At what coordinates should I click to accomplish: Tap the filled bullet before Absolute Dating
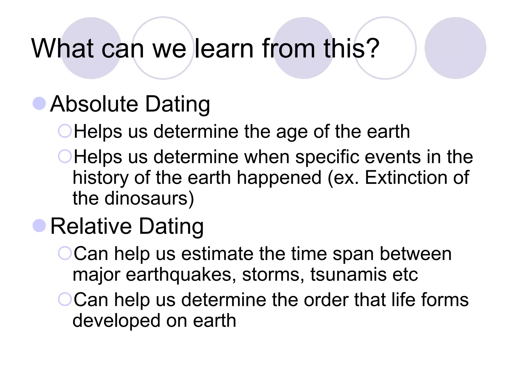tap(39, 103)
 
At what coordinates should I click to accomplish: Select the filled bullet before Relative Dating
tap(39, 225)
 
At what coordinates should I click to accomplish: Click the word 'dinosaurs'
tap(146, 198)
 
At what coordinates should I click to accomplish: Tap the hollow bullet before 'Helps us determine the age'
tap(65, 131)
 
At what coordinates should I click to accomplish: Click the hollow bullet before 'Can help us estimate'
tap(65, 253)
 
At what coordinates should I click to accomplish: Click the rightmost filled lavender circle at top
tap(455, 48)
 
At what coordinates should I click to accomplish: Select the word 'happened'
tap(279, 177)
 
